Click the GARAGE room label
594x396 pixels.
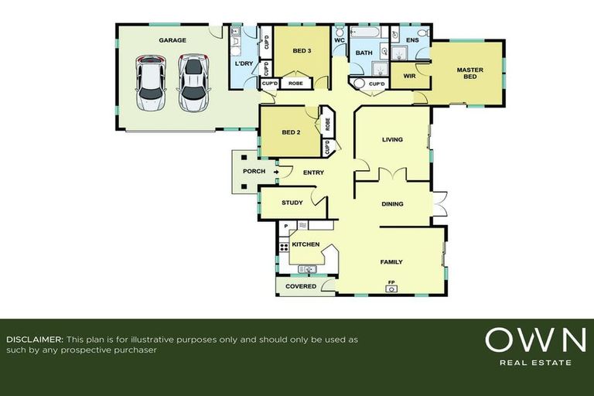(x=172, y=40)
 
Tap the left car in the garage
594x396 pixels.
(x=151, y=84)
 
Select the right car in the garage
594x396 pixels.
(x=194, y=83)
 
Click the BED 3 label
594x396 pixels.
(x=302, y=51)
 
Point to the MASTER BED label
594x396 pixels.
(x=470, y=73)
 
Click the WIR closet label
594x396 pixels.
(x=409, y=76)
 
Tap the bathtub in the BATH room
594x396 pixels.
(x=364, y=32)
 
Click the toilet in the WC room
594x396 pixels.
(x=339, y=30)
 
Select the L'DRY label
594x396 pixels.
(x=244, y=63)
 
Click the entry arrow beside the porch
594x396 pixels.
(x=276, y=172)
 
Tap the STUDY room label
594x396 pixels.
(x=292, y=203)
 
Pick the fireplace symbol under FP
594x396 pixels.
(x=391, y=289)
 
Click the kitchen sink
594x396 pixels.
(x=308, y=269)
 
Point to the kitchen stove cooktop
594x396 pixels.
(x=284, y=247)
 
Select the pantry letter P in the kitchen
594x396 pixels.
(x=286, y=227)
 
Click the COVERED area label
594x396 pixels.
(x=301, y=286)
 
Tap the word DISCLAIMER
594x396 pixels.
(x=35, y=340)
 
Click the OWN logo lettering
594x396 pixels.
(x=535, y=340)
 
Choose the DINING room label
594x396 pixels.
(x=392, y=204)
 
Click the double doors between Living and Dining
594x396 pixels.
(x=393, y=174)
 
